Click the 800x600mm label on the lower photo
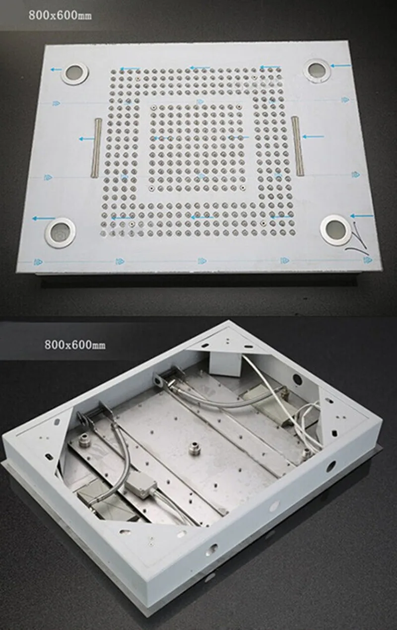(74, 344)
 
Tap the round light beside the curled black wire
(335, 228)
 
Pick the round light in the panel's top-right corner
(316, 70)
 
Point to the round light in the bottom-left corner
(61, 230)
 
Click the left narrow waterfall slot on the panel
(97, 147)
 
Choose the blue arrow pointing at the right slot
(313, 136)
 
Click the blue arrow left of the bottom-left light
(43, 218)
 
